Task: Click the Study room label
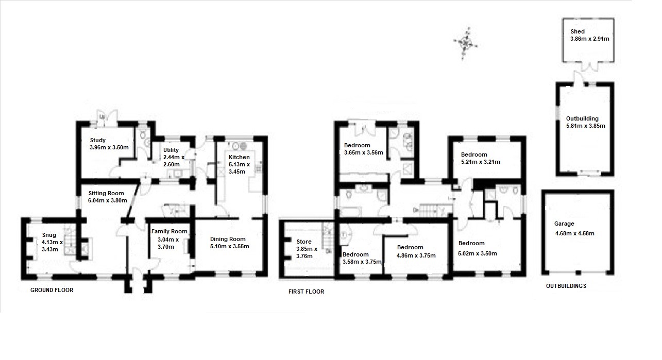(x=97, y=140)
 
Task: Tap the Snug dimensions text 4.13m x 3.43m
(x=52, y=246)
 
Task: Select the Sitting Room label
(x=106, y=193)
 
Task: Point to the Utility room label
(x=171, y=150)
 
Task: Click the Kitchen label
(x=239, y=157)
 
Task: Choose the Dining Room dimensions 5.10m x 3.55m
(x=230, y=246)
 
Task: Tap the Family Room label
(x=169, y=231)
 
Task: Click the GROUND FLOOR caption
(x=52, y=290)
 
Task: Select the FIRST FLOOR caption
(x=306, y=292)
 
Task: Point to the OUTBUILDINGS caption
(x=566, y=286)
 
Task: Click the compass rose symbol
(x=466, y=44)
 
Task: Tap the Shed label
(x=578, y=31)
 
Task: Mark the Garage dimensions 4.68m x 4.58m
(x=574, y=233)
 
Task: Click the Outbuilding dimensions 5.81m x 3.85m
(x=585, y=126)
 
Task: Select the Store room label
(x=304, y=242)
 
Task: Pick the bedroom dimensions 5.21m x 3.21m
(x=481, y=162)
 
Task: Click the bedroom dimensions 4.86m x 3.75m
(x=416, y=255)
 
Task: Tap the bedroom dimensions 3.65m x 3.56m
(x=364, y=153)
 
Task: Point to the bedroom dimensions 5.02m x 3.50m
(x=477, y=253)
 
